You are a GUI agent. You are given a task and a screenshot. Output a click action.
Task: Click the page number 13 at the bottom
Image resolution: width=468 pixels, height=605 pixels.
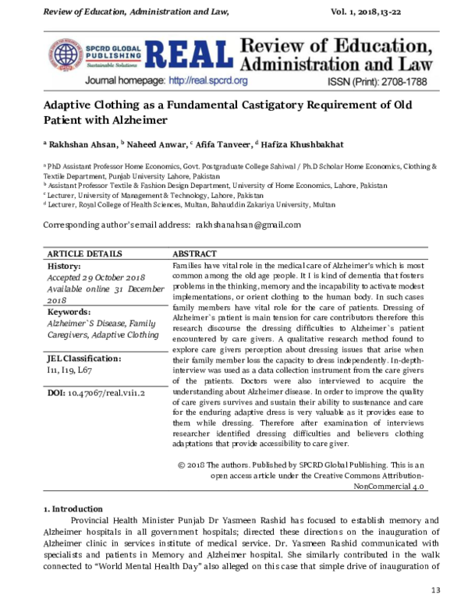(436, 589)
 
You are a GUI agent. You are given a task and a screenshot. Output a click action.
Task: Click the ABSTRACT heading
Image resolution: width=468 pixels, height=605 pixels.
(194, 254)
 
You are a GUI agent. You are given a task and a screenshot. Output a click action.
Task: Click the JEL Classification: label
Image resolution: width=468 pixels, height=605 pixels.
(83, 358)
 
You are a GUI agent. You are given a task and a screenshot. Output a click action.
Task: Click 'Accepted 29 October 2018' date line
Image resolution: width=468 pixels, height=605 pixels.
(96, 277)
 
